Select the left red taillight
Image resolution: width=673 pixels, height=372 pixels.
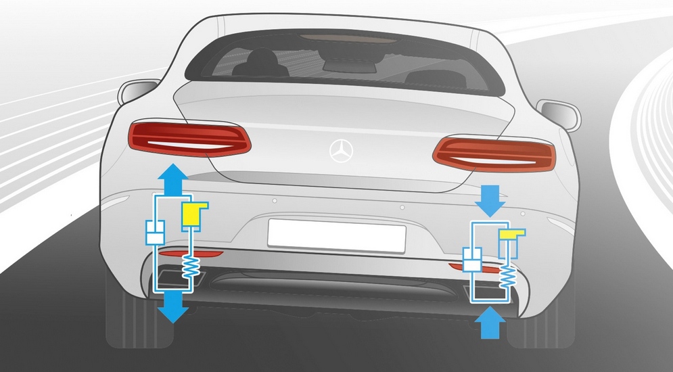tap(190, 138)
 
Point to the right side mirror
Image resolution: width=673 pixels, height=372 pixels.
tap(559, 114)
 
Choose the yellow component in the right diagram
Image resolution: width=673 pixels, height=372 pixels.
tap(511, 235)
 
